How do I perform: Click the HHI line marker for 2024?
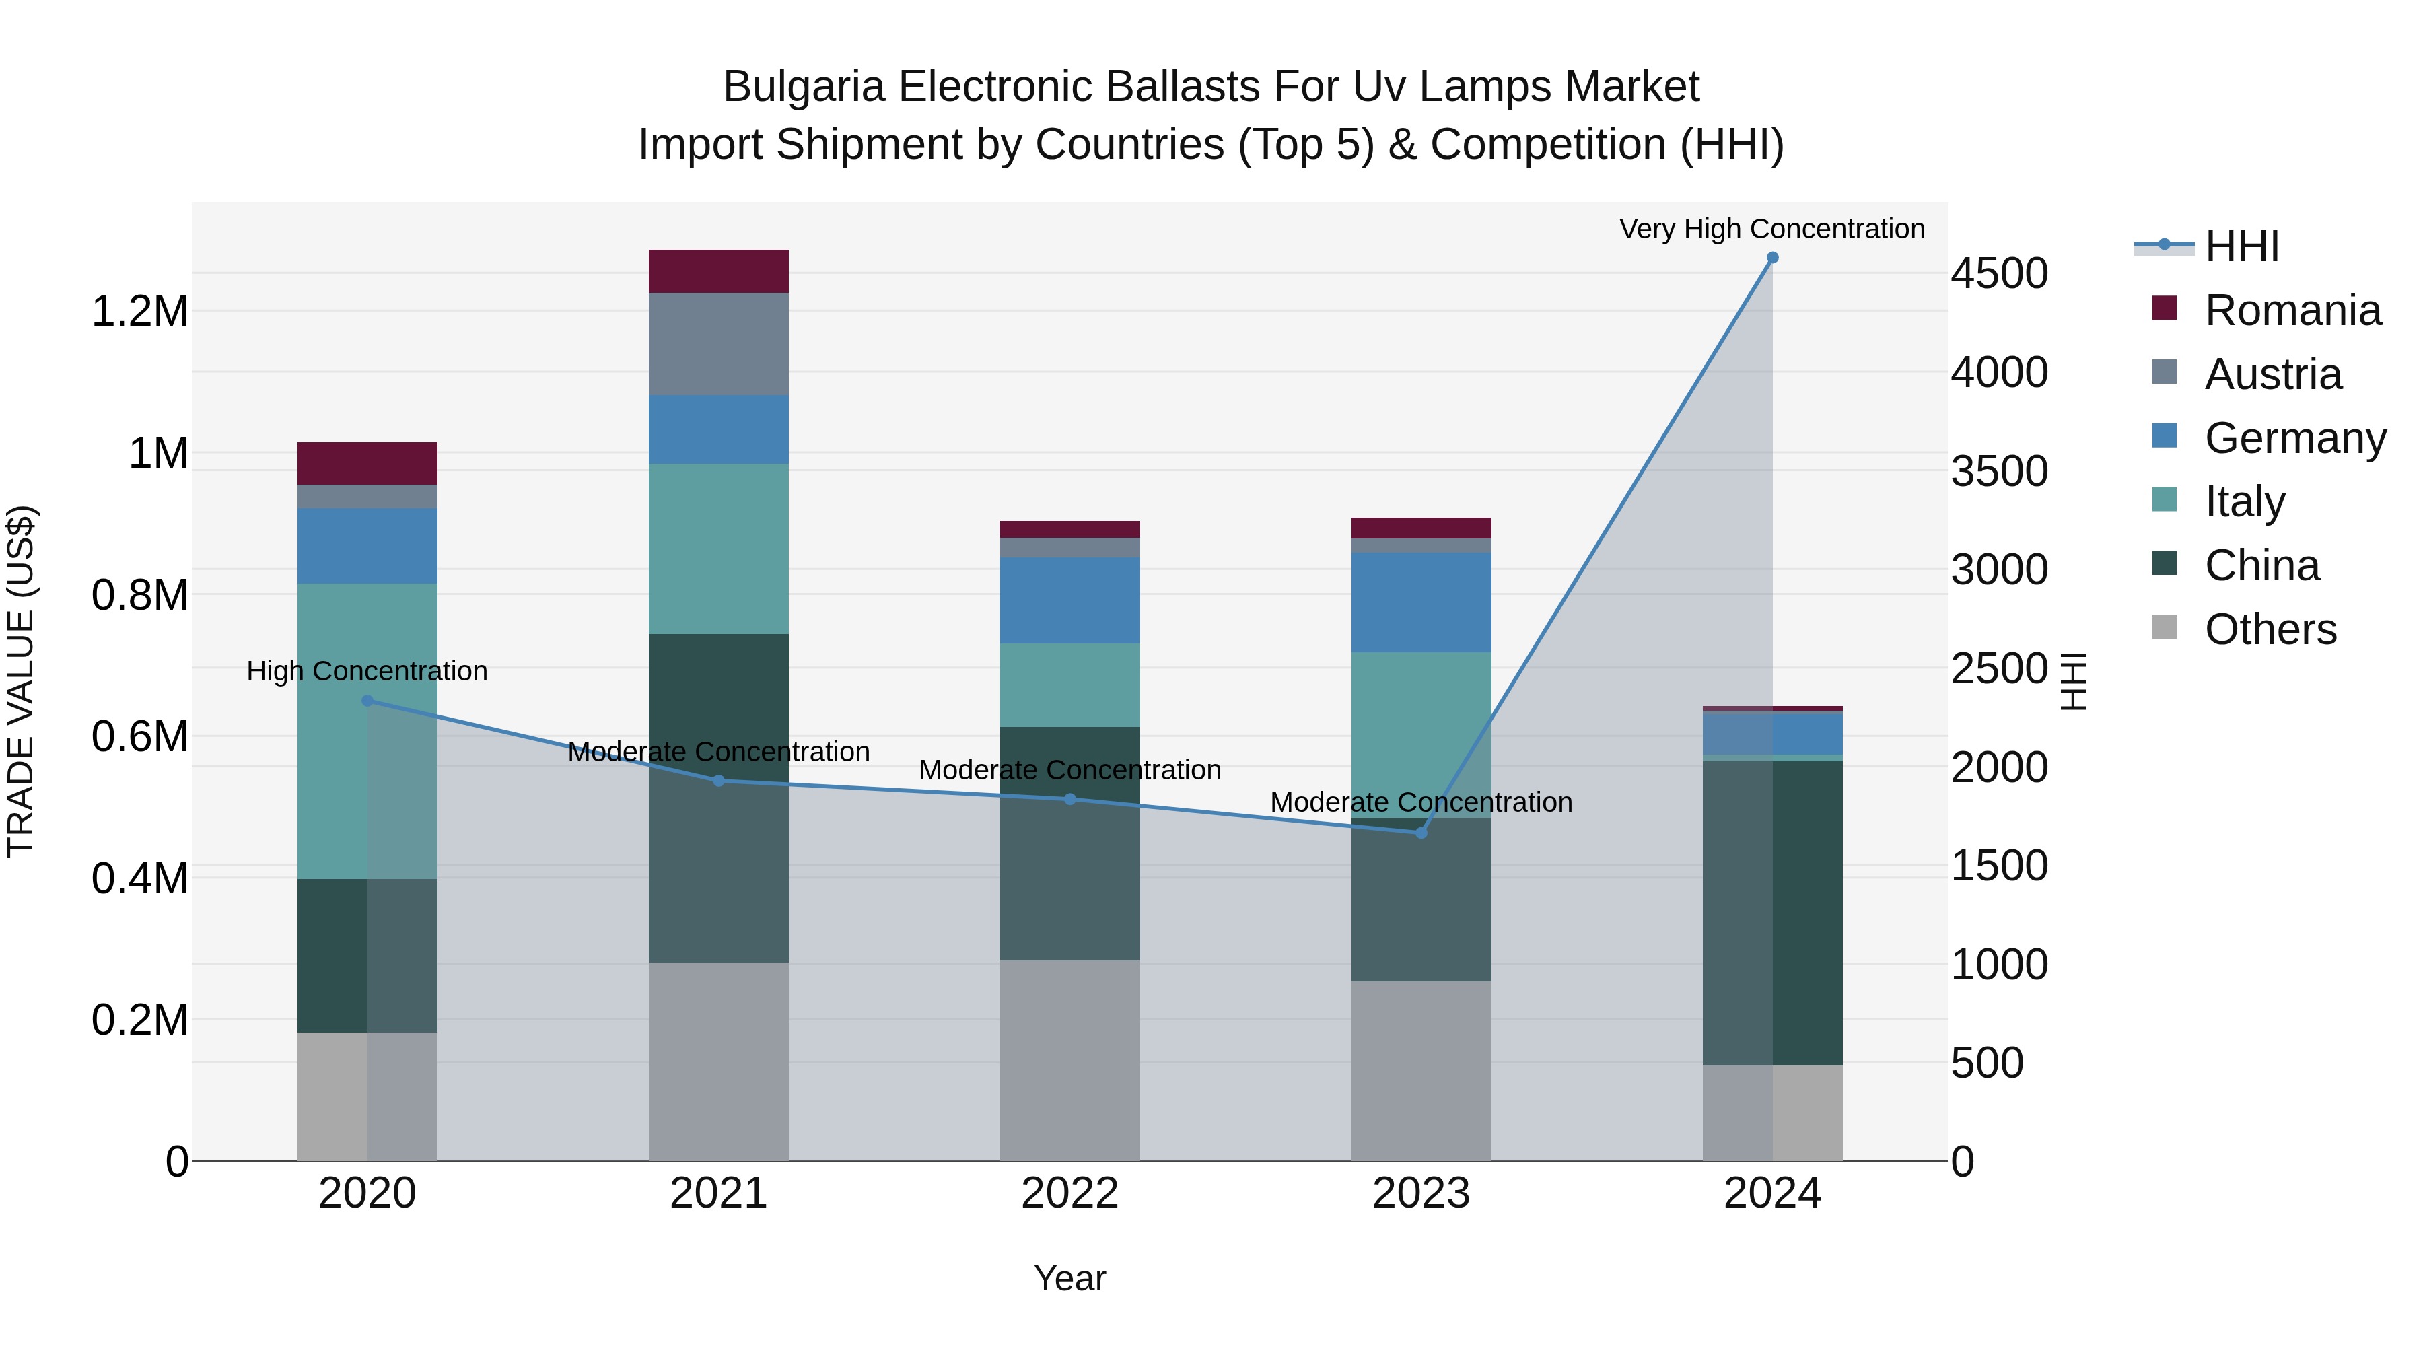pos(1772,258)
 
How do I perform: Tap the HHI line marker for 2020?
pos(367,701)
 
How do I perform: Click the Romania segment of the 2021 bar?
pos(719,271)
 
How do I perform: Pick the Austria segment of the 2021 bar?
pos(719,343)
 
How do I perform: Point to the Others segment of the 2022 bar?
pos(1069,1060)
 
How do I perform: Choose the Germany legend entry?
pos(2294,438)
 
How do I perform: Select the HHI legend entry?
pos(2241,246)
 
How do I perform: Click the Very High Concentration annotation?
pos(1771,229)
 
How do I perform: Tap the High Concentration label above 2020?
pos(367,670)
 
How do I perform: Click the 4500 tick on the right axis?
pos(1999,274)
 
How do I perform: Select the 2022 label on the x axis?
pos(1069,1193)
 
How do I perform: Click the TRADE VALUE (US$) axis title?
pos(21,681)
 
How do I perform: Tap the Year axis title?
pos(1069,1278)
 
